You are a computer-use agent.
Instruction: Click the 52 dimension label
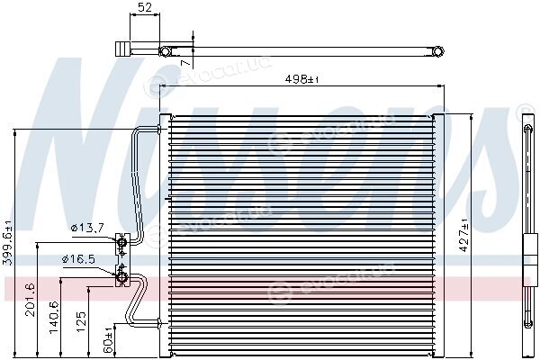tap(145, 7)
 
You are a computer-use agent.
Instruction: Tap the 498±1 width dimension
tap(302, 79)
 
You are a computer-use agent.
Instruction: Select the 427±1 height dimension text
tap(464, 235)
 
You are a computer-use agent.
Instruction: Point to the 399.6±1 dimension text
tap(7, 242)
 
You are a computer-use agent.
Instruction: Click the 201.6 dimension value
tap(31, 300)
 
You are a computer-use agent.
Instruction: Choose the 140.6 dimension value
tap(54, 317)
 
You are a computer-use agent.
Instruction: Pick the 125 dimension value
tap(82, 321)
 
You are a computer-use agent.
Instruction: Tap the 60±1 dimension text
tap(108, 341)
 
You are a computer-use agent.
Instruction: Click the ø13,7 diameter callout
tap(87, 228)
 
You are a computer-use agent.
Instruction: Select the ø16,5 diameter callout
tap(78, 258)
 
